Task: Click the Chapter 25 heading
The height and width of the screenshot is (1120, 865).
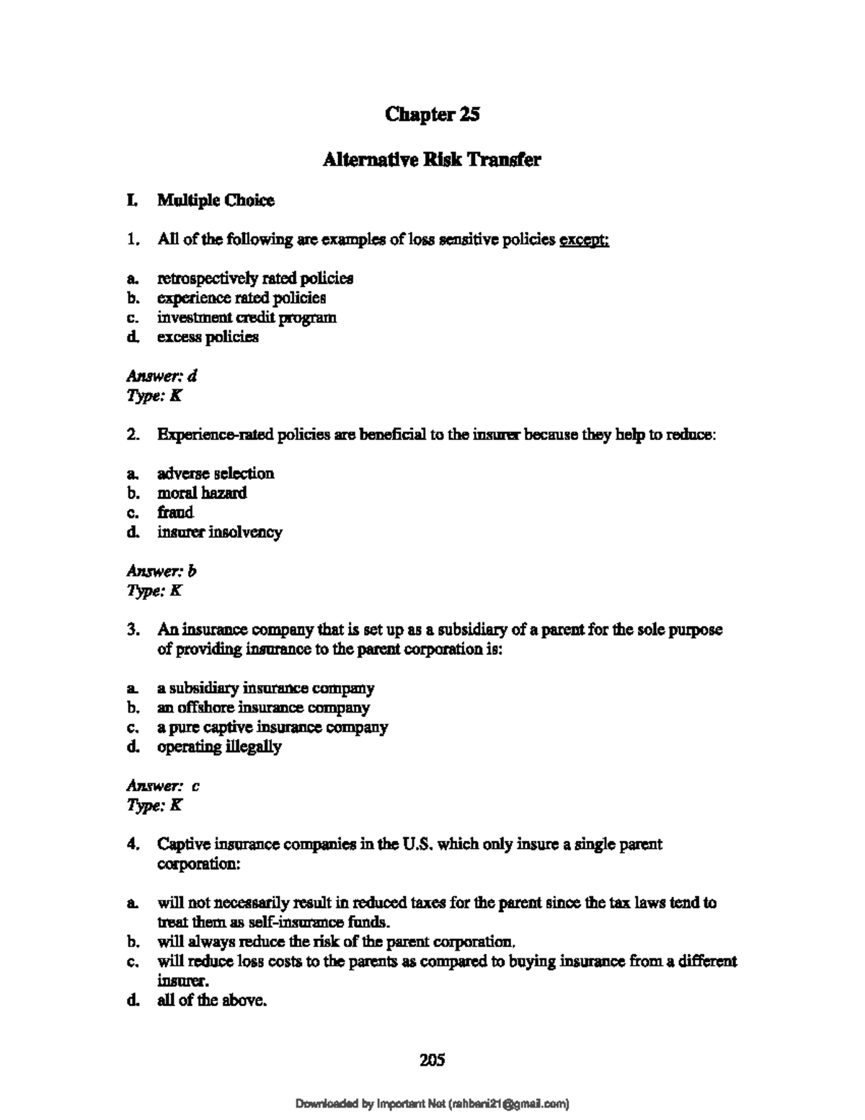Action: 432,114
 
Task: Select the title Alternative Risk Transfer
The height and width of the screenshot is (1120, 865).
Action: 432,159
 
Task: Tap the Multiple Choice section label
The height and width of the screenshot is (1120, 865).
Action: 216,200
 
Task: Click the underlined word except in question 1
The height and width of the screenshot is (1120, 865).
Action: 585,240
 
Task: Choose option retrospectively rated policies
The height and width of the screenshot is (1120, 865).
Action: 255,278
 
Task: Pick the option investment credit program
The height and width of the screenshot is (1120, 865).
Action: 247,317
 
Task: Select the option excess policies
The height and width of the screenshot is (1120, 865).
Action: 208,337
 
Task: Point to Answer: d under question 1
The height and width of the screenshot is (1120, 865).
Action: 162,376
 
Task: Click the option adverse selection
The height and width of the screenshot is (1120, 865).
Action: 216,474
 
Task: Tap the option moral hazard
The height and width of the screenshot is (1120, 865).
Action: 202,493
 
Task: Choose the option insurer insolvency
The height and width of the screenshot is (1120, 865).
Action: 220,532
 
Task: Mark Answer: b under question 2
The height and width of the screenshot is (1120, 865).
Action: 162,571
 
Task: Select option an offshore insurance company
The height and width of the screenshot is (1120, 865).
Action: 263,707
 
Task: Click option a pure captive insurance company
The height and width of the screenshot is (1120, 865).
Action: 272,727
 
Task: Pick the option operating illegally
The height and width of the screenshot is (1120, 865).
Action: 219,746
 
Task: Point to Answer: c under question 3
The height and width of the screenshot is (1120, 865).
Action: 164,785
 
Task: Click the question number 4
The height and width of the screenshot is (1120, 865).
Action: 132,844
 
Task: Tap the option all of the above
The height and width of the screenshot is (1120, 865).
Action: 212,1000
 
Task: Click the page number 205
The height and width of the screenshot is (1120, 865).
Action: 432,1059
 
